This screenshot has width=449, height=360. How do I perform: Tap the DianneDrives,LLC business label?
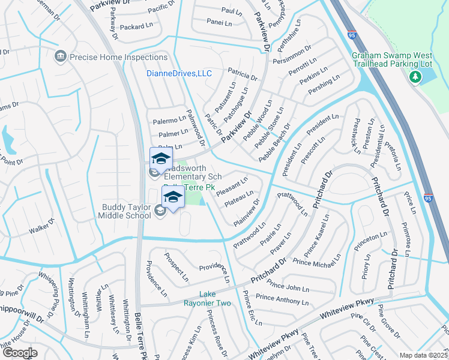pyautogui.click(x=179, y=74)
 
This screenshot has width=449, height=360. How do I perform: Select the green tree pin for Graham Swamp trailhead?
pyautogui.click(x=415, y=77)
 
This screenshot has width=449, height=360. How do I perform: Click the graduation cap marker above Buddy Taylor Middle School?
pyautogui.click(x=173, y=197)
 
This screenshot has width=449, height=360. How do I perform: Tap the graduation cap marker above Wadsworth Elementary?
pyautogui.click(x=160, y=158)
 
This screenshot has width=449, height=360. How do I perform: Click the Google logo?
pyautogui.click(x=20, y=353)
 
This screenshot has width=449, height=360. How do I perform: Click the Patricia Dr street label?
pyautogui.click(x=242, y=75)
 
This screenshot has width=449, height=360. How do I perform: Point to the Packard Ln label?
pyautogui.click(x=136, y=27)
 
